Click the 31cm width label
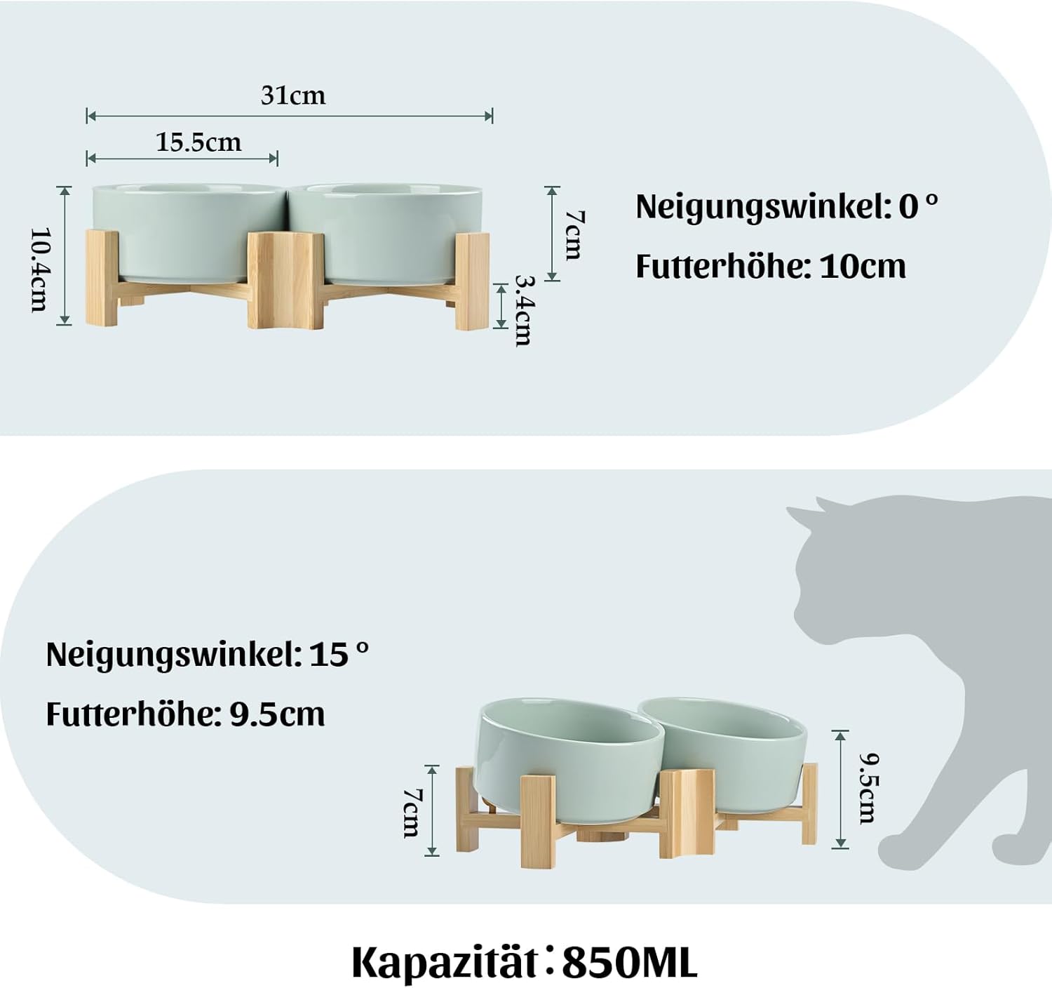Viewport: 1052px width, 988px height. pyautogui.click(x=293, y=95)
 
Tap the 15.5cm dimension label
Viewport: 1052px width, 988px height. pyautogui.click(x=198, y=142)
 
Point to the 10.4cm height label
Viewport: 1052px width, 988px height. pyautogui.click(x=40, y=269)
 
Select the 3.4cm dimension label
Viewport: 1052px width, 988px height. pyautogui.click(x=524, y=311)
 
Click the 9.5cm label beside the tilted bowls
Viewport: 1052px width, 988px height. pyautogui.click(x=867, y=789)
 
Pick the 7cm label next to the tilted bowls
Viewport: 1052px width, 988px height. pyautogui.click(x=413, y=813)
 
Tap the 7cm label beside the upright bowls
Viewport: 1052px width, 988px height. pyautogui.click(x=574, y=235)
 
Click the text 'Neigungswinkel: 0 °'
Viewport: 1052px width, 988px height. pyautogui.click(x=787, y=207)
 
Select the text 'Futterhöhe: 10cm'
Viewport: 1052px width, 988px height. pyautogui.click(x=771, y=266)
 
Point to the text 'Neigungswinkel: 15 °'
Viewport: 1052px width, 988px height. pyautogui.click(x=208, y=655)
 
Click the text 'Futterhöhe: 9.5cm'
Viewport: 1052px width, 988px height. pyautogui.click(x=185, y=714)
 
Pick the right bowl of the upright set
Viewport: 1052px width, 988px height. pyautogui.click(x=386, y=233)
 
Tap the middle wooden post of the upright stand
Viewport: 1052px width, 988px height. pyautogui.click(x=285, y=279)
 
